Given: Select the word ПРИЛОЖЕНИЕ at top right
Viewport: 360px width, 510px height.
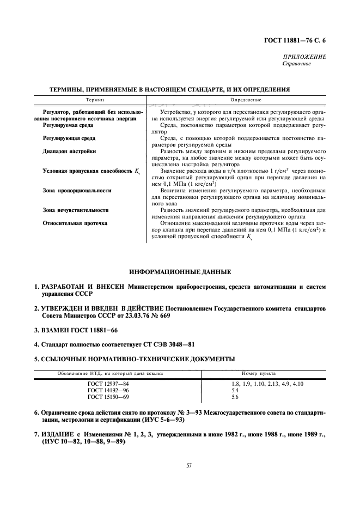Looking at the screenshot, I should click(304, 57).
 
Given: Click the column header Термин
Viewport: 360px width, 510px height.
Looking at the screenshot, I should click(94, 99).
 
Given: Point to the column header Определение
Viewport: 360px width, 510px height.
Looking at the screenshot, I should click(246, 99).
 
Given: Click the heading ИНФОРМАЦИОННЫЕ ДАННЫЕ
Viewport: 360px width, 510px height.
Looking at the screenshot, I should click(180, 271).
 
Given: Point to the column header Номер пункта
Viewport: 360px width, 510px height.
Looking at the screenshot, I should click(259, 374).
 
